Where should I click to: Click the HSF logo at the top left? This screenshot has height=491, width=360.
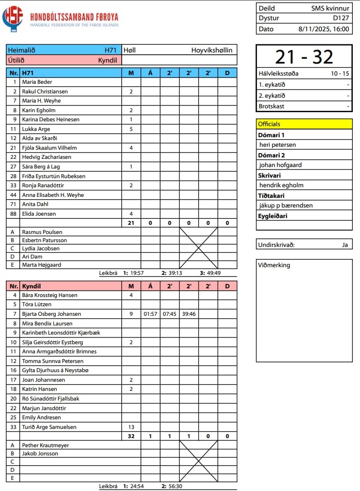pos(13,18)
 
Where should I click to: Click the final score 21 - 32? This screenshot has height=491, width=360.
pos(304,57)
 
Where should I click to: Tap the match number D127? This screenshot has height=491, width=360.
pos(341,18)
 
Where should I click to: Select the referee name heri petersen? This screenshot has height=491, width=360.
pos(278,144)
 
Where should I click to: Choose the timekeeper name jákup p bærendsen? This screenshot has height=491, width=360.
pos(286,205)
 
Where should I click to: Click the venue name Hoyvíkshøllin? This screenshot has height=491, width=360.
pos(212,50)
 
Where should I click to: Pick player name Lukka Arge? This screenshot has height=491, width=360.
pos(36,129)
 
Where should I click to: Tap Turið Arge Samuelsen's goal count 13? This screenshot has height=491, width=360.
pos(131,427)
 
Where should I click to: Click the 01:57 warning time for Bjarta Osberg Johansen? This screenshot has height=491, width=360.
pos(151,314)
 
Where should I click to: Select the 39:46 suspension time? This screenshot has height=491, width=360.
pos(189,314)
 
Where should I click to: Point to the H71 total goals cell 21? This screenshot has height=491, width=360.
pos(131,223)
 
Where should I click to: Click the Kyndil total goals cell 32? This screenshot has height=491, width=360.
pos(131,436)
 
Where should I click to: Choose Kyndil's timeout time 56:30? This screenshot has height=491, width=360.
pos(175,486)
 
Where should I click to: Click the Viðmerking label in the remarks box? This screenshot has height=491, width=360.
pos(274,265)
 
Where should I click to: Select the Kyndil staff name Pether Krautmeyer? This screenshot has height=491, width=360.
pos(46,445)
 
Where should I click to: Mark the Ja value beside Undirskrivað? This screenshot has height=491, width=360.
pos(345,245)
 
